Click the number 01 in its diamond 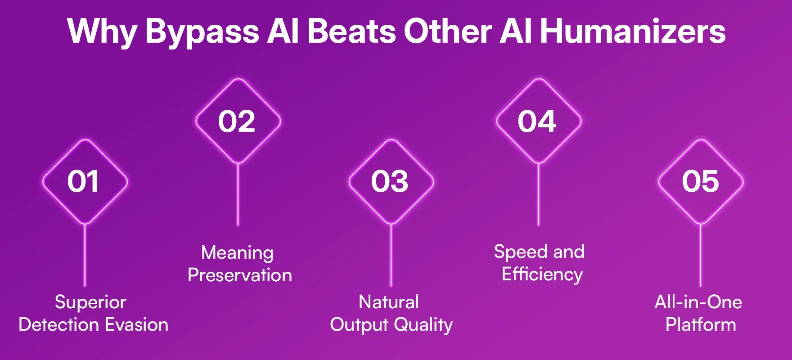click(x=83, y=182)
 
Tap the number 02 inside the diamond click(x=237, y=121)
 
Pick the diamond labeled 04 click(x=537, y=121)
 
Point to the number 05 click(x=700, y=182)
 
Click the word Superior click(x=90, y=302)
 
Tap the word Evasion click(x=137, y=324)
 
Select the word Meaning click(x=237, y=252)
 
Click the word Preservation click(x=240, y=275)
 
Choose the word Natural click(x=389, y=302)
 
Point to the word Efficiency click(x=542, y=274)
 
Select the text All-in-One click(x=698, y=302)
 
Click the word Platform click(x=701, y=324)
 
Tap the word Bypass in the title click(x=202, y=31)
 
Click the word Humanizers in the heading click(x=632, y=31)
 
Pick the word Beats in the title click(x=352, y=31)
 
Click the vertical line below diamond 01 click(x=85, y=254)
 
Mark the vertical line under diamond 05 click(x=701, y=254)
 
